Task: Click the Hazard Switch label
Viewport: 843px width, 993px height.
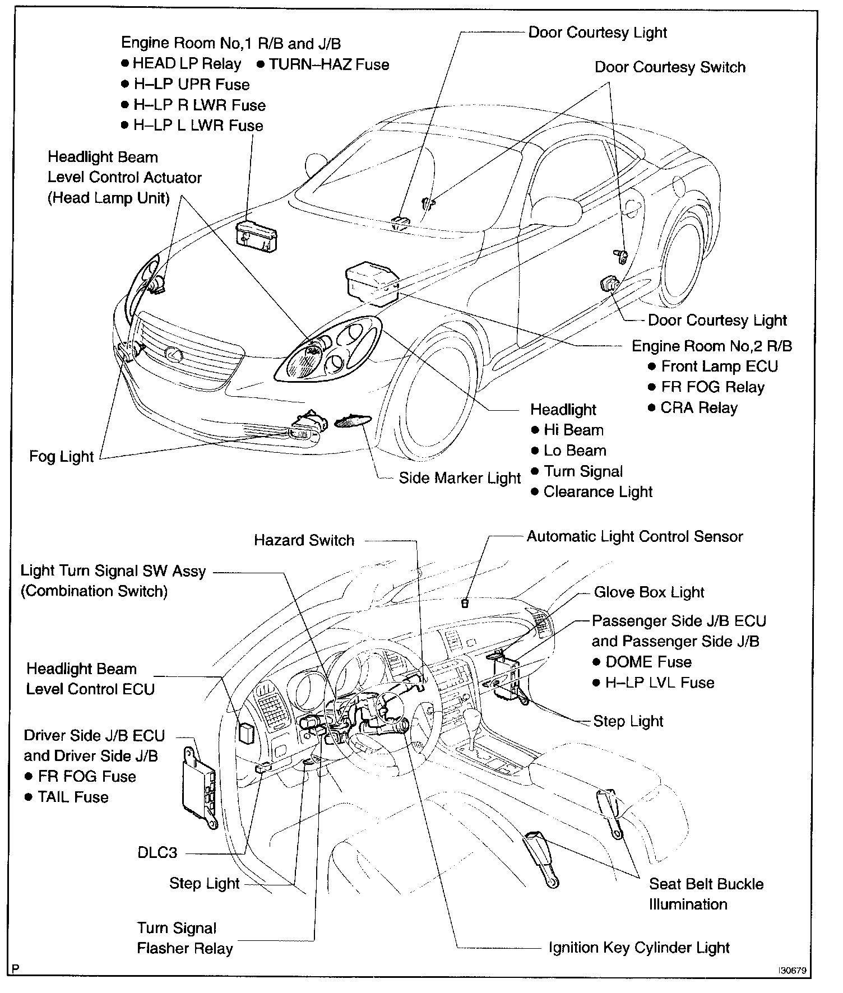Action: pyautogui.click(x=304, y=540)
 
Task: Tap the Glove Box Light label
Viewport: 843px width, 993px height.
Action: pyautogui.click(x=649, y=592)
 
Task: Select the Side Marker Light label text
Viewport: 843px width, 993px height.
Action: pyautogui.click(x=460, y=478)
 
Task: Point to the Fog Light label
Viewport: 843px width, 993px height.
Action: pyautogui.click(x=61, y=457)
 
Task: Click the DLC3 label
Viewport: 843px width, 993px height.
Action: pyautogui.click(x=157, y=853)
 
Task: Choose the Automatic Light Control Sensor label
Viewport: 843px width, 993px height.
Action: pyautogui.click(x=634, y=536)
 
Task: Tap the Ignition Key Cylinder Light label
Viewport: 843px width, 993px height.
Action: pyautogui.click(x=639, y=948)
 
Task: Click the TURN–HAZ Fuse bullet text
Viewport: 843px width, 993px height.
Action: pyautogui.click(x=328, y=64)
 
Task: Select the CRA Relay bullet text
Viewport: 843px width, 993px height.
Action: pyautogui.click(x=698, y=408)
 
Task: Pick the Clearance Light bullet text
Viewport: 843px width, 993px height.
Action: pyautogui.click(x=597, y=492)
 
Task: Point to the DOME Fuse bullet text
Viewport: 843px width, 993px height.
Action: pyautogui.click(x=648, y=662)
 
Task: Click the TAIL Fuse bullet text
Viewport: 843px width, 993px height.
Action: pyautogui.click(x=73, y=797)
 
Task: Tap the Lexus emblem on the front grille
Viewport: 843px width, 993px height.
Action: pyautogui.click(x=173, y=353)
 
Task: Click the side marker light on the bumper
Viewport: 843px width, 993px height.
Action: pyautogui.click(x=352, y=422)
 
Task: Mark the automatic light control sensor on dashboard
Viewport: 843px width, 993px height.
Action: pyautogui.click(x=464, y=603)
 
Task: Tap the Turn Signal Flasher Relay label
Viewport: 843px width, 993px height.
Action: pyautogui.click(x=184, y=938)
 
